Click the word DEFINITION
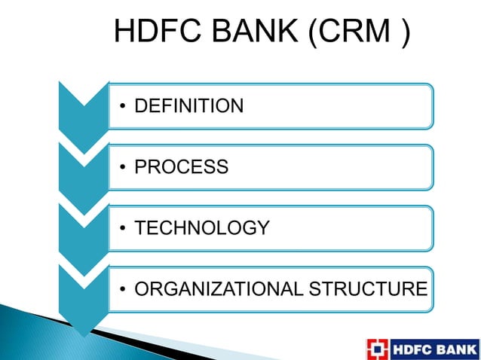point(188,106)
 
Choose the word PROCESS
point(181,167)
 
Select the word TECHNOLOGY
point(201,228)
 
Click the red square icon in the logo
point(378,349)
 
